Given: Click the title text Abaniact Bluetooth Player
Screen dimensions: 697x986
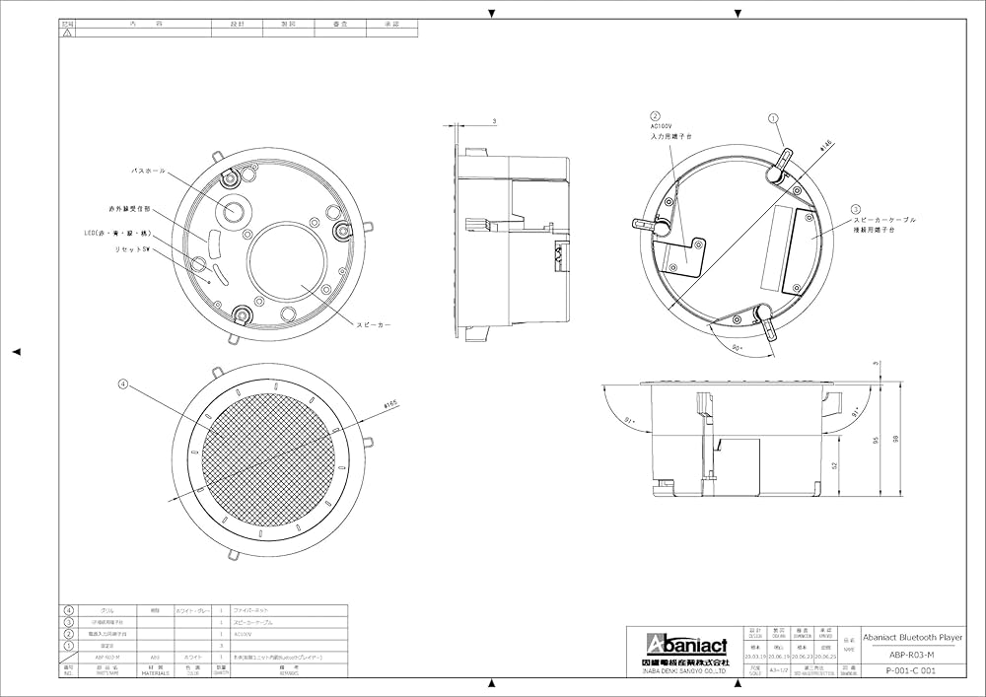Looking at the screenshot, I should (911, 636).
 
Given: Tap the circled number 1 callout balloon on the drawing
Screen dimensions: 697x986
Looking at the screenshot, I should (774, 119).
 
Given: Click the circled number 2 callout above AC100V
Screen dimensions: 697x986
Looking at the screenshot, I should (655, 115).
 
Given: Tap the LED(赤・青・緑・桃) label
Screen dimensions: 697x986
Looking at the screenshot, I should (117, 234).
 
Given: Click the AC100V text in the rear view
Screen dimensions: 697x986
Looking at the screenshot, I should (661, 127).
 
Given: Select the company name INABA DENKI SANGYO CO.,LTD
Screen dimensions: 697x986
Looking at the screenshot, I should (678, 670).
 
